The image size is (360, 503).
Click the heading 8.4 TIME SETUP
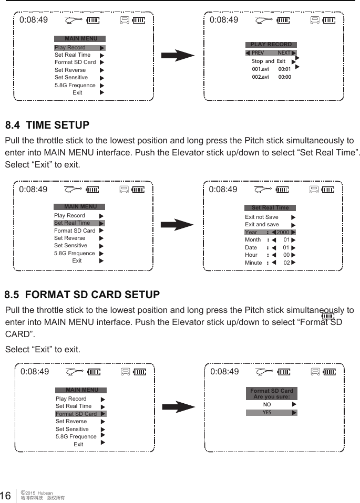tap(47, 125)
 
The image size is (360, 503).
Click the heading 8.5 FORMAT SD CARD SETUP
tap(82, 295)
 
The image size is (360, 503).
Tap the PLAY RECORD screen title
tap(271, 45)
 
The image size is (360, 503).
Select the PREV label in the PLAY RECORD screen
tap(258, 53)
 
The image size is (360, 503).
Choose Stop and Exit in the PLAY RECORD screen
tap(269, 61)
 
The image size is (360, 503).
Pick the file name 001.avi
tap(260, 69)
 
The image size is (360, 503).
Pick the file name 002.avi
tap(260, 77)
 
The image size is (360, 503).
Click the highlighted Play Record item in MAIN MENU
tap(70, 48)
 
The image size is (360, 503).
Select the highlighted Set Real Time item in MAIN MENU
tap(72, 223)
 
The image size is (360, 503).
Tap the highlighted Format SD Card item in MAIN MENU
tap(76, 414)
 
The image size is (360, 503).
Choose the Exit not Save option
tap(262, 217)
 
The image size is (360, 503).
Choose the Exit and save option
tap(262, 225)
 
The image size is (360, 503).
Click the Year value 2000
tap(283, 233)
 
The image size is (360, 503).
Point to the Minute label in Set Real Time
tap(253, 263)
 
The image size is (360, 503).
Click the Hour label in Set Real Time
tap(251, 255)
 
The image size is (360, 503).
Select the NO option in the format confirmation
tap(267, 405)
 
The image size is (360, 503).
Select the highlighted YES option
tap(267, 413)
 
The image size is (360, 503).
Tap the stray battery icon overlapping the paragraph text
tap(328, 316)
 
